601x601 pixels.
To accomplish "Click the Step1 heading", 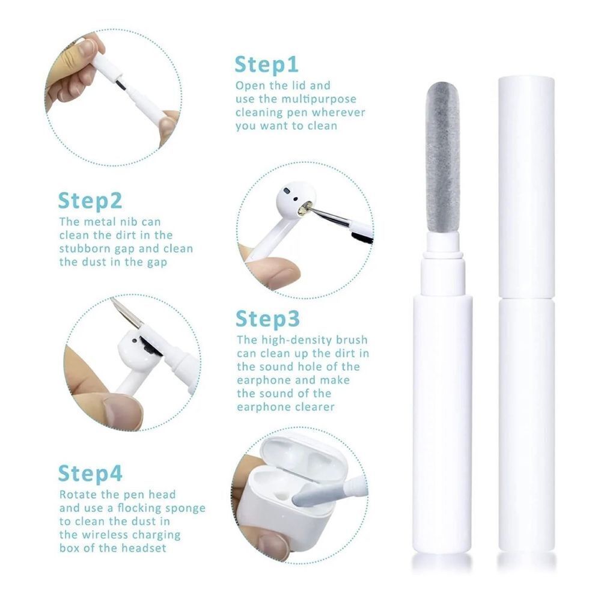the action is coord(266,64).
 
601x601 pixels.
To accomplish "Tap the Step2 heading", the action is coord(90,201).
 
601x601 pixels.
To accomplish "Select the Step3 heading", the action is coord(267,319).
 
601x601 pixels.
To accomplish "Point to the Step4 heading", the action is coord(90,474).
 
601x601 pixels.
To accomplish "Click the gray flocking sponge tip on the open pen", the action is coord(443,157).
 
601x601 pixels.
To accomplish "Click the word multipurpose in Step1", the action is coord(319,100).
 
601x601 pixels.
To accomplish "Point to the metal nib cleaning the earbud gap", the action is coord(326,212).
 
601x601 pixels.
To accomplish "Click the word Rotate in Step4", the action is coord(79,495).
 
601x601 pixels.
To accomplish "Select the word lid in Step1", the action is coord(298,85).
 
